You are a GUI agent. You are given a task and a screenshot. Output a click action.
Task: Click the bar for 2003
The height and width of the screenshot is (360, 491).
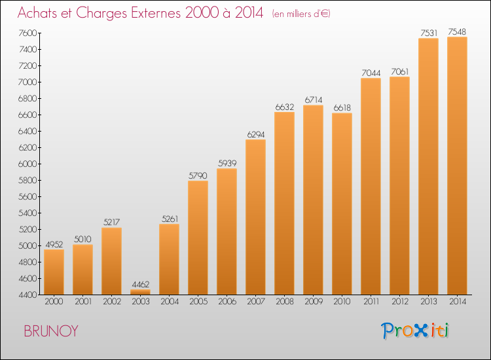click(140, 292)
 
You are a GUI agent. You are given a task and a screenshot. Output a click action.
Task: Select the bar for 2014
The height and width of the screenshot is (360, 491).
click(457, 166)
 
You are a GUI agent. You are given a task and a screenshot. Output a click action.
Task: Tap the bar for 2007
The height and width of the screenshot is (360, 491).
click(255, 217)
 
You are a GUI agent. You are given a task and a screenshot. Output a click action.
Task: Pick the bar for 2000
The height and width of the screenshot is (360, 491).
click(54, 272)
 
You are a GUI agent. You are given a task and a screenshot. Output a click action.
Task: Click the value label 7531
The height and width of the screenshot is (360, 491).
click(429, 33)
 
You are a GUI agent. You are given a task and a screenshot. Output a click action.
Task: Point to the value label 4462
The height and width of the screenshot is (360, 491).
click(141, 284)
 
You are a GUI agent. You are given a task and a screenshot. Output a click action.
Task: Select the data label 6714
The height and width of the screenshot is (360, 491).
click(314, 100)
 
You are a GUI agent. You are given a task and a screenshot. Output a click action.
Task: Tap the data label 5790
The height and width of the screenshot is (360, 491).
click(198, 175)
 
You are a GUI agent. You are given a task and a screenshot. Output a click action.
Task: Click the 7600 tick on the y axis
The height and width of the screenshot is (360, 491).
click(27, 33)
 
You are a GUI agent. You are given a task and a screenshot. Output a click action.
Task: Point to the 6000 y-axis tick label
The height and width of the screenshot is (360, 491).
click(27, 164)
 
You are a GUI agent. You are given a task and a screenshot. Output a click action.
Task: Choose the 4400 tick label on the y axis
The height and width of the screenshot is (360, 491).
click(27, 295)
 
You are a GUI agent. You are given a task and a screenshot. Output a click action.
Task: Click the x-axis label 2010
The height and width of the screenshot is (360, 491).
click(342, 302)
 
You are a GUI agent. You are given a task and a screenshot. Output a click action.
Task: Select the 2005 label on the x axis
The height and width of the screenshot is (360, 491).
click(198, 302)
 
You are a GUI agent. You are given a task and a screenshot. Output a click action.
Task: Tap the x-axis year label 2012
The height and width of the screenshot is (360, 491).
click(400, 302)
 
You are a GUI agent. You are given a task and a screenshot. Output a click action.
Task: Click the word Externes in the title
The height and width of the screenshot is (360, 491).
click(156, 13)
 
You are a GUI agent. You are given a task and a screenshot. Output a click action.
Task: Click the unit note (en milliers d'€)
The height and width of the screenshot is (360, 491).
click(301, 14)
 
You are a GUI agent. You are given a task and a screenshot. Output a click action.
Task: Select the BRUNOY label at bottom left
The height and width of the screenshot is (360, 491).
click(50, 331)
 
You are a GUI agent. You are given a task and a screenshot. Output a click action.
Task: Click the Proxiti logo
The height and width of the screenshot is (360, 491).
click(415, 331)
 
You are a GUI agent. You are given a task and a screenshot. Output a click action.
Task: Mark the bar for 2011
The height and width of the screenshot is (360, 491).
click(371, 187)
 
